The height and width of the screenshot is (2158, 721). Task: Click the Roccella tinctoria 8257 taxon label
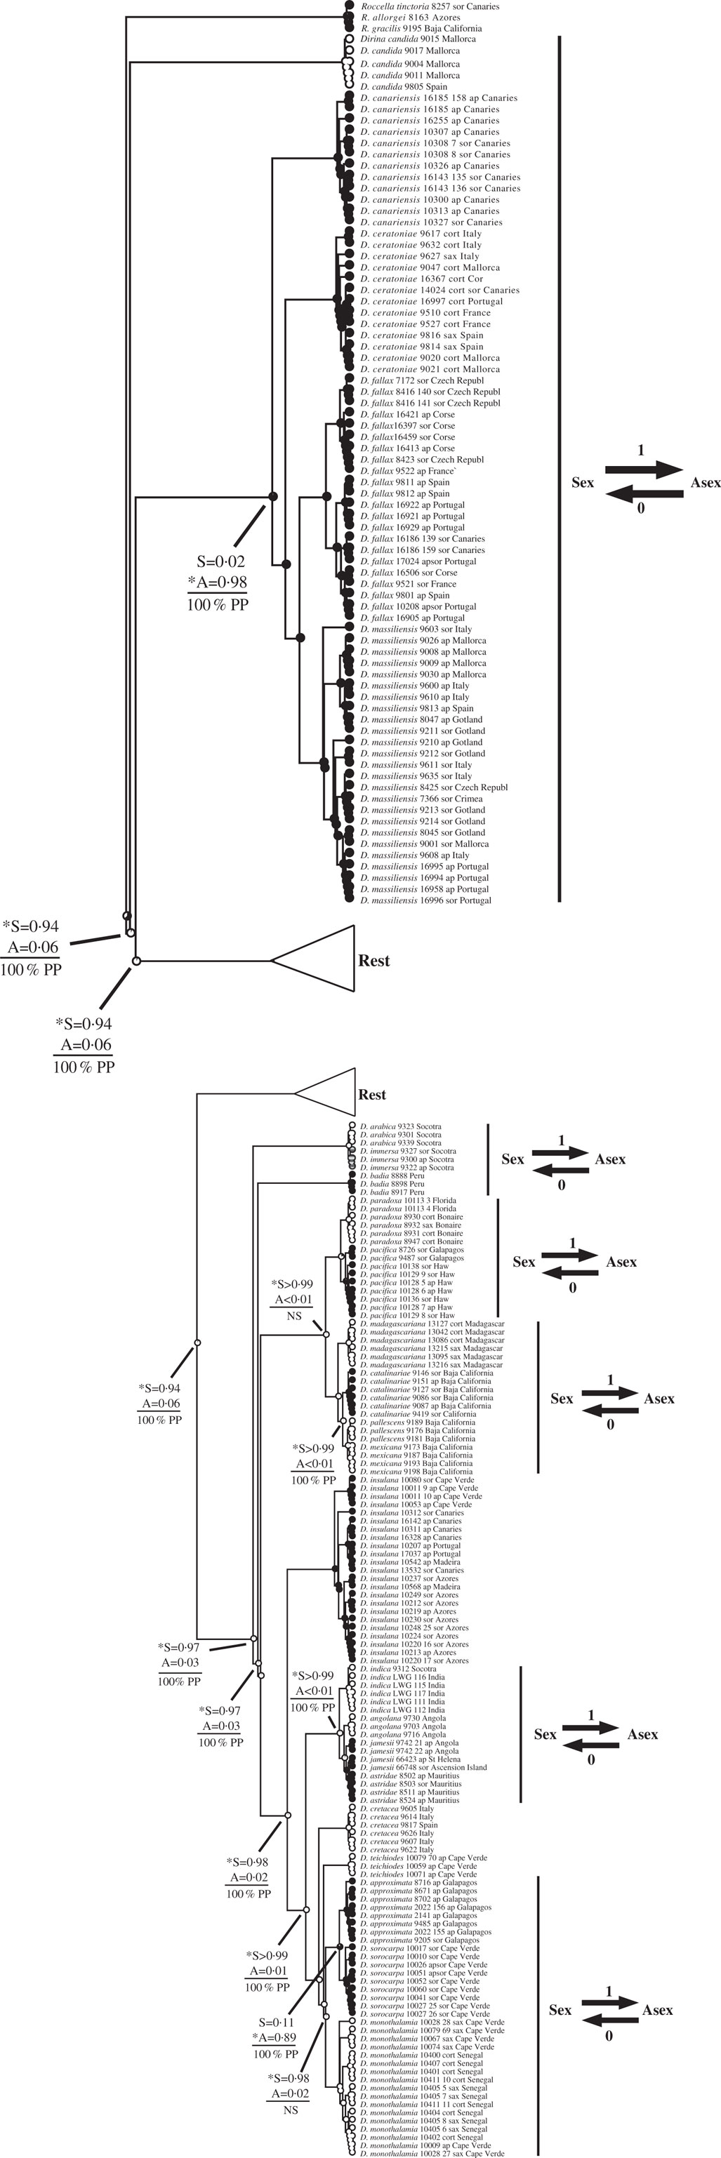429,6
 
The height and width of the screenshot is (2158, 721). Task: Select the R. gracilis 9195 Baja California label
421,29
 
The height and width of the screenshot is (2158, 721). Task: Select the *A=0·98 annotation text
217,582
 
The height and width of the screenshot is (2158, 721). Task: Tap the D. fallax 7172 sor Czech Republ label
422,380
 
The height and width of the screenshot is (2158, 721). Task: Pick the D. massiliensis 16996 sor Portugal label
426,900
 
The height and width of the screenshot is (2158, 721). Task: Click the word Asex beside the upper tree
705,483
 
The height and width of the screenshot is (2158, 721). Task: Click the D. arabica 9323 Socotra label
400,1127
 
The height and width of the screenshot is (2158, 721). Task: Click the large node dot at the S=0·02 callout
272,497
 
